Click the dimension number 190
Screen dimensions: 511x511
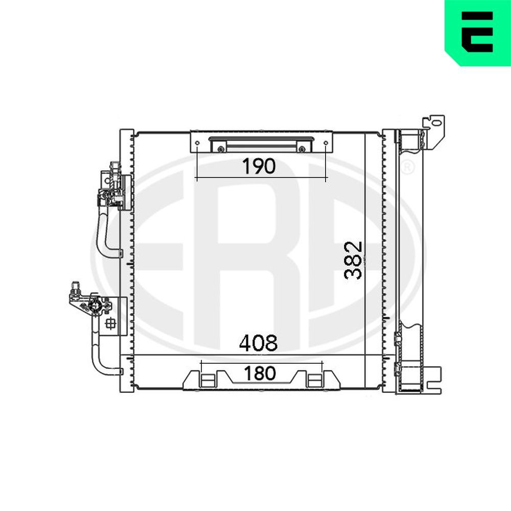[x=259, y=166]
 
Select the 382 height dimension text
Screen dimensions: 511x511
[x=353, y=260]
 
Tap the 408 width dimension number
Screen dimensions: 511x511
[x=258, y=343]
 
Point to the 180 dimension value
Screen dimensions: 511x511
[x=260, y=374]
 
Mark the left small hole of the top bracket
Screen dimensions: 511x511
[x=197, y=143]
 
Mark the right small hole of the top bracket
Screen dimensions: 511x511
[x=326, y=143]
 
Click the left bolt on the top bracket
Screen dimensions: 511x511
[x=221, y=149]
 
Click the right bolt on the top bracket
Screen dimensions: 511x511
[x=302, y=149]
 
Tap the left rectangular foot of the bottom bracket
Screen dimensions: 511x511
[x=207, y=380]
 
